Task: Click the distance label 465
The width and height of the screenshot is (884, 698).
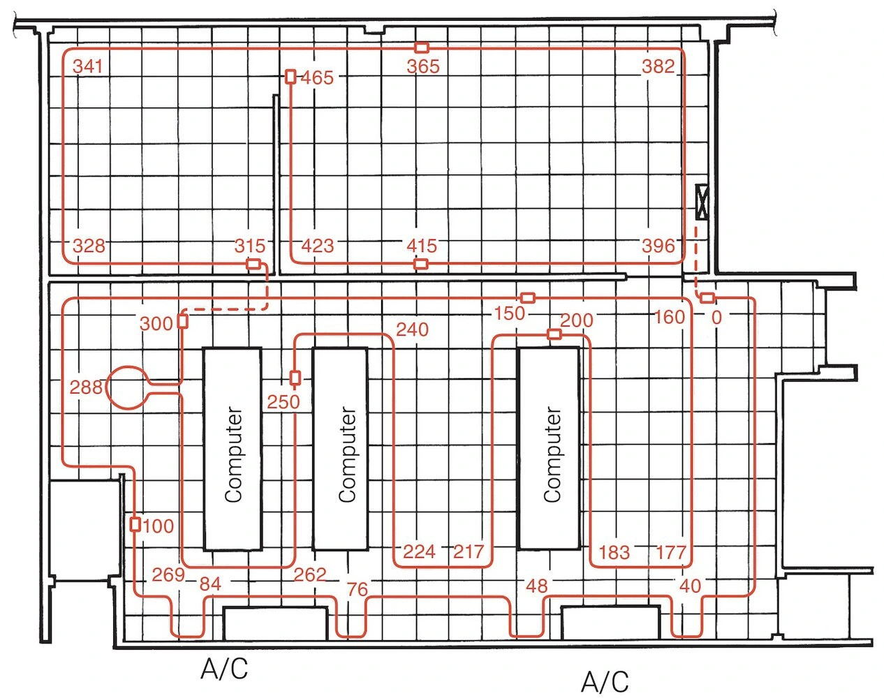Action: [x=317, y=77]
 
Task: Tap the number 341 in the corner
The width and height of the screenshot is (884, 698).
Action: [x=87, y=66]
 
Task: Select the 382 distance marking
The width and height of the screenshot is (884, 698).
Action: [x=658, y=66]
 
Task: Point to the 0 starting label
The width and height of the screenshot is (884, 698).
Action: [x=716, y=318]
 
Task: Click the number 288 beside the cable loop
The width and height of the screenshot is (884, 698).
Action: [x=86, y=387]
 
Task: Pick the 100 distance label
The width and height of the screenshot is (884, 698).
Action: [x=159, y=526]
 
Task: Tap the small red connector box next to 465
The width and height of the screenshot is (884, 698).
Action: [x=290, y=77]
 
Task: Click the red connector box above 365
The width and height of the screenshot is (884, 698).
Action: [x=422, y=48]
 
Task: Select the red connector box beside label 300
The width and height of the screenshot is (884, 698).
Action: [x=183, y=321]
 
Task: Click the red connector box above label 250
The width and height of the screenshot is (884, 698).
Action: [x=295, y=378]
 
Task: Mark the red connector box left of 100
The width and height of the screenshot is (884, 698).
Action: [x=135, y=525]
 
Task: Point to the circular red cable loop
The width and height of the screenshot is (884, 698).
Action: [x=127, y=387]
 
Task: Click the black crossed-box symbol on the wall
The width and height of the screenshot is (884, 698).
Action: [x=702, y=202]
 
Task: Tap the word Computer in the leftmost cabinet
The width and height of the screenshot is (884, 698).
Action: [x=233, y=454]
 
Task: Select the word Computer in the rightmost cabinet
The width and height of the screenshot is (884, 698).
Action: [x=552, y=454]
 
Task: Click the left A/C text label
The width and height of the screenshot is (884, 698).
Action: [x=224, y=669]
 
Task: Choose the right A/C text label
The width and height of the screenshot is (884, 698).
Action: [x=605, y=682]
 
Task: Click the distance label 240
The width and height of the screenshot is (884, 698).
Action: [x=412, y=329]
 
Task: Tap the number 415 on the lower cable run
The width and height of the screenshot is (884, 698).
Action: [x=422, y=246]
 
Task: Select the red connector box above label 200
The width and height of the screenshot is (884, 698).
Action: [x=554, y=334]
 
